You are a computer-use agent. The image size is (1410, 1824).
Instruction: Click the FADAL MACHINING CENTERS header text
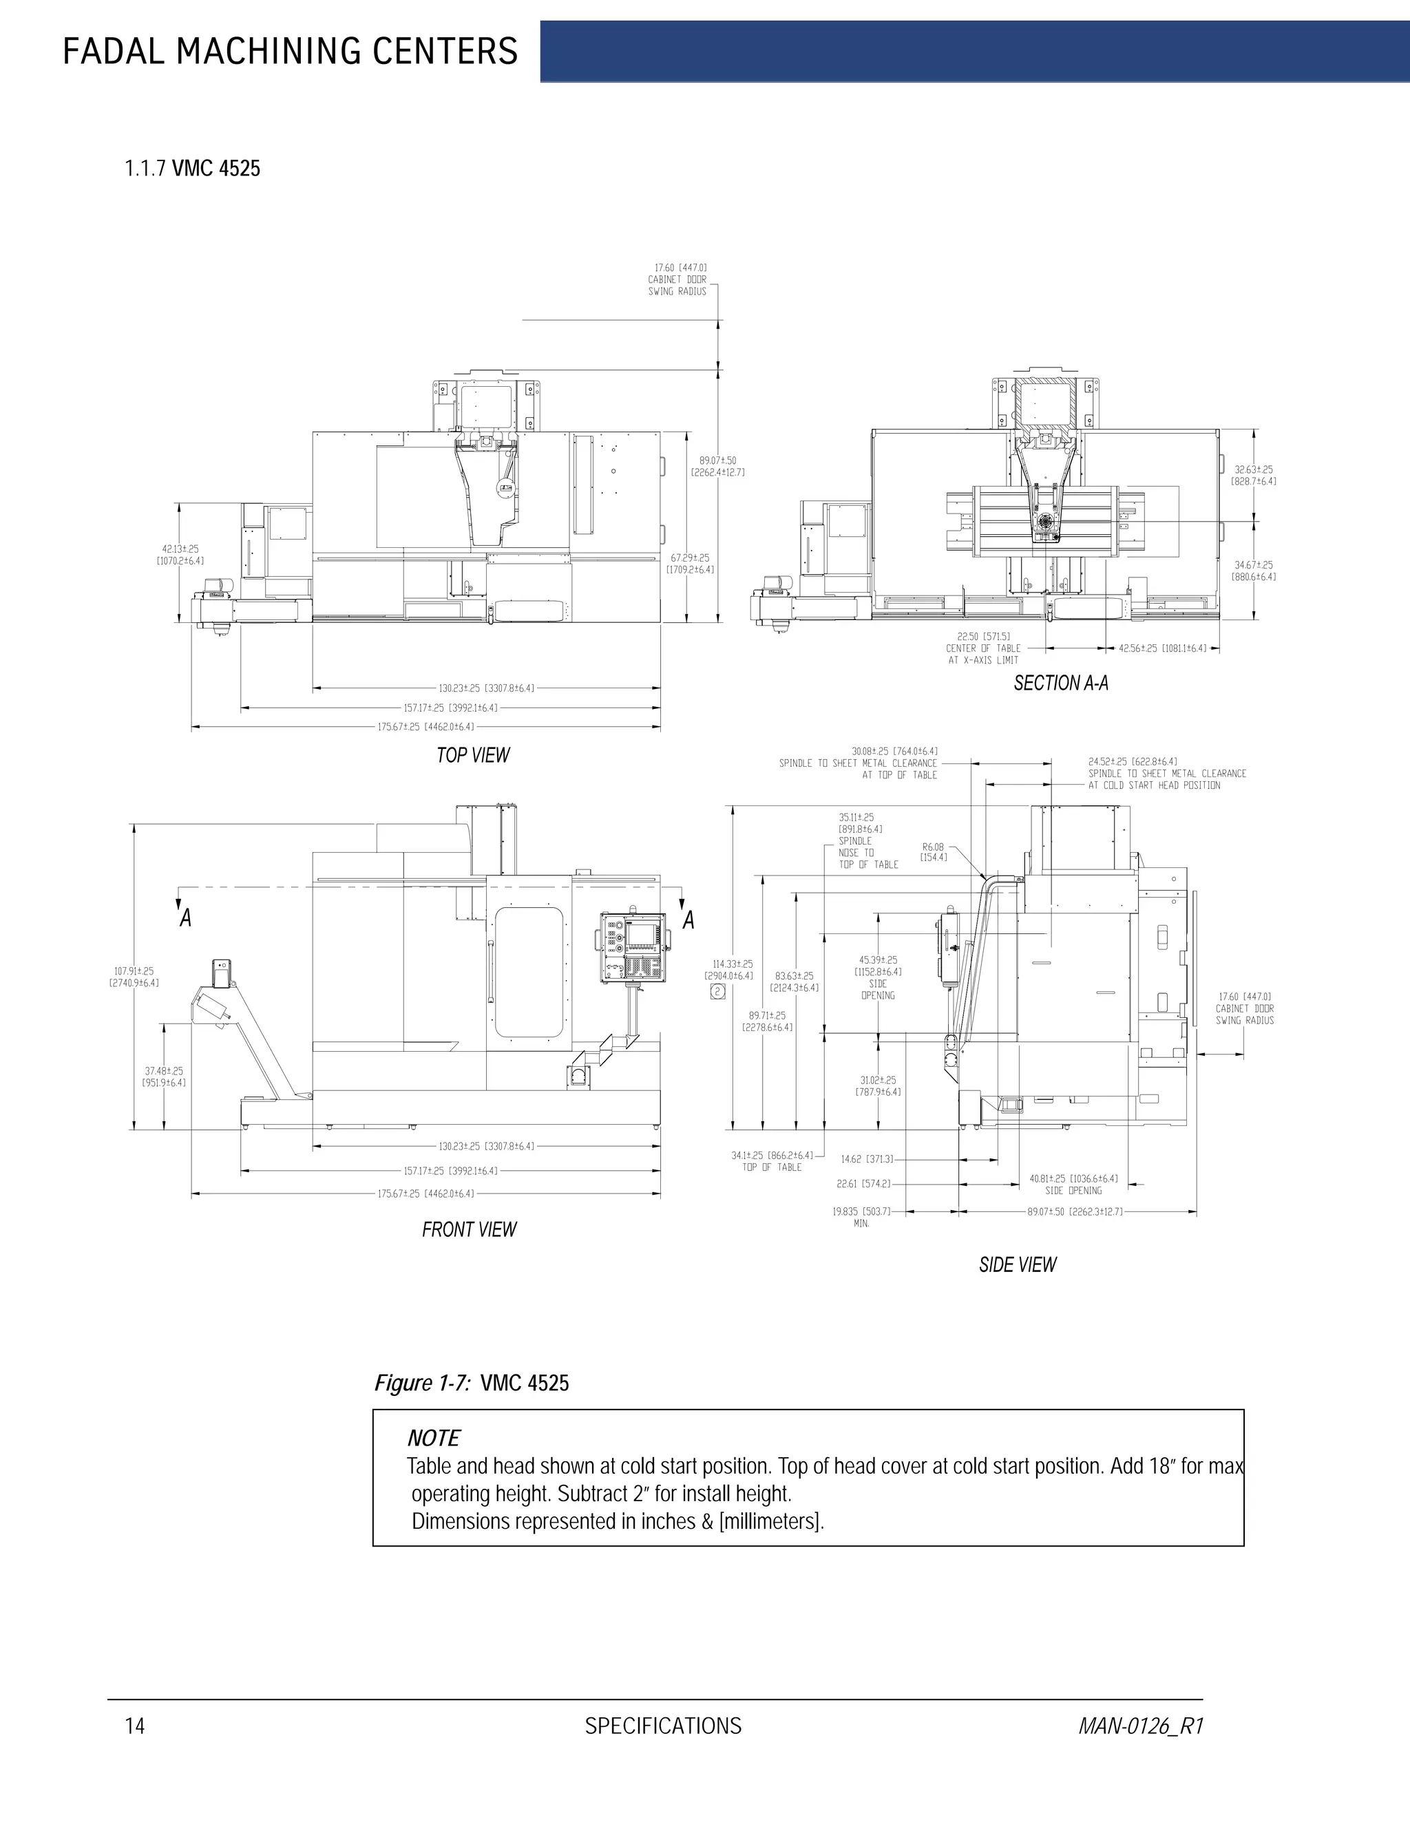(290, 52)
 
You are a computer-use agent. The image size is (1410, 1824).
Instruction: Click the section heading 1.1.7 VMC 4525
(192, 169)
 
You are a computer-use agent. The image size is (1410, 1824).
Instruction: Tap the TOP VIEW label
(473, 755)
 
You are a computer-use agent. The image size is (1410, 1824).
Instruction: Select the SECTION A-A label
(1060, 683)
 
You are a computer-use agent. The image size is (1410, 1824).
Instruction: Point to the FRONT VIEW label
(469, 1229)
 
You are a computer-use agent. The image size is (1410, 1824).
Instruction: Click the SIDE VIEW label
(1017, 1264)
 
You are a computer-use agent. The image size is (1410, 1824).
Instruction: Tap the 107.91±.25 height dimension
(134, 976)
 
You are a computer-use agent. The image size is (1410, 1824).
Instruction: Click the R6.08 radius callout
(933, 852)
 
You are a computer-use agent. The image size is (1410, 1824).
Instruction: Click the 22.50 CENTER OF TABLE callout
(983, 648)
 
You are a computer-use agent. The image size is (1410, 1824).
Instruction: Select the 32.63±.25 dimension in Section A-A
(1253, 475)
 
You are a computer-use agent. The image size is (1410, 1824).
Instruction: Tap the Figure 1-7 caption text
(471, 1383)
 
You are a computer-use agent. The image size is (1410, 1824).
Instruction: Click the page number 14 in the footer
(134, 1726)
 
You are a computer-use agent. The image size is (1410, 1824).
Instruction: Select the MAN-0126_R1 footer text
(1140, 1726)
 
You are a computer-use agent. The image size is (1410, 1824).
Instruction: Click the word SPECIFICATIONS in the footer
(662, 1726)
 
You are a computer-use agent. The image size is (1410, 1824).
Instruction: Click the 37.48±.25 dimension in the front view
(164, 1077)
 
